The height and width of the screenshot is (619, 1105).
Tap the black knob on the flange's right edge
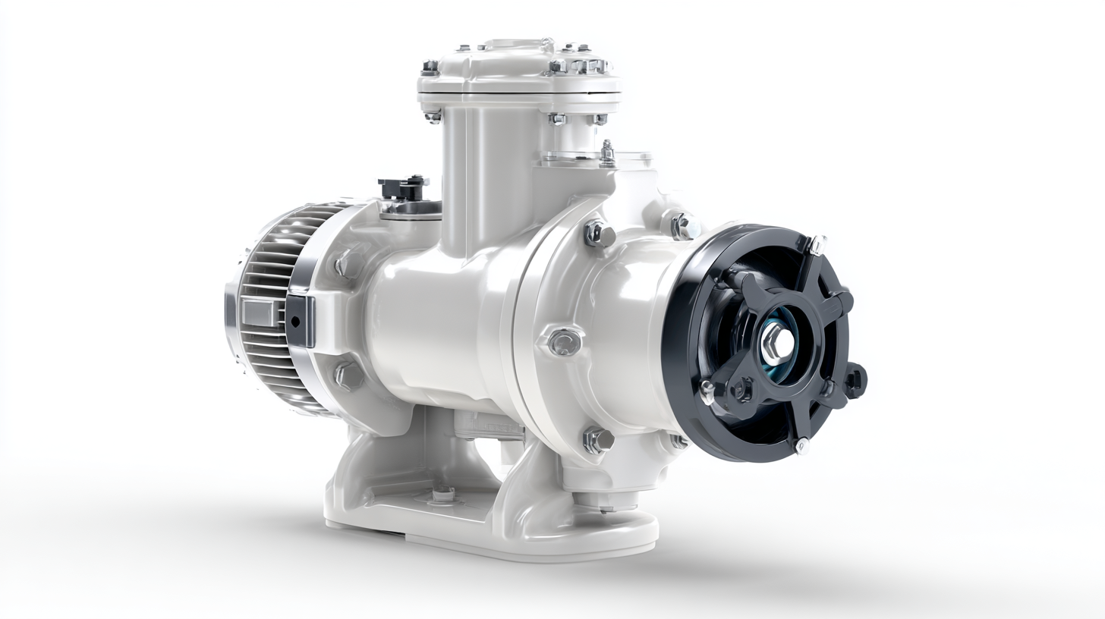[855, 379]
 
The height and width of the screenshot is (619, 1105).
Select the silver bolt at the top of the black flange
[817, 244]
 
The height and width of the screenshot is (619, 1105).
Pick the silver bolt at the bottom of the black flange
[801, 447]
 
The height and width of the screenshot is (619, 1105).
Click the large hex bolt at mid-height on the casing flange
[564, 341]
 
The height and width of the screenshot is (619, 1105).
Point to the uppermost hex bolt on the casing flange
[598, 234]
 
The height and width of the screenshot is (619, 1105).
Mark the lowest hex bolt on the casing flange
[597, 440]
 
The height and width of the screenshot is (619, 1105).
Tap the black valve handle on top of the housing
[402, 187]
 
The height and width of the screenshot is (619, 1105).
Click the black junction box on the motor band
[300, 321]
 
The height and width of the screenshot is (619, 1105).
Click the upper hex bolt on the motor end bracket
[348, 263]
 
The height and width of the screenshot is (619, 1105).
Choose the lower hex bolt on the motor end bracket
[348, 375]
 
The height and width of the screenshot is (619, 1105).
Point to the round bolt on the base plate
[442, 495]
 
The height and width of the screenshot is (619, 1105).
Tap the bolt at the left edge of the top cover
[430, 68]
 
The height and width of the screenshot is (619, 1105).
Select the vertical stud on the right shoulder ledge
[607, 153]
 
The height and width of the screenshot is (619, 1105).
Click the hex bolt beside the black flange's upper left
[683, 225]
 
